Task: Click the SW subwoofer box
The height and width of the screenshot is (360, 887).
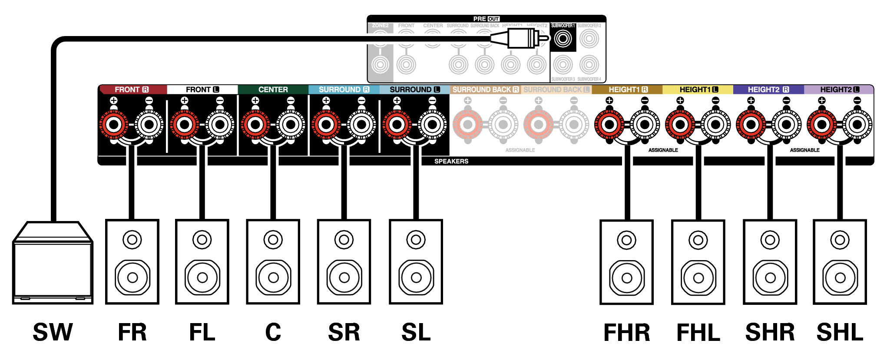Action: (53, 265)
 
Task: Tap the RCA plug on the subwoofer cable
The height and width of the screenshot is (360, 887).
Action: (521, 39)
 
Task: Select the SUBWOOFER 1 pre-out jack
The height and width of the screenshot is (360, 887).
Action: (563, 39)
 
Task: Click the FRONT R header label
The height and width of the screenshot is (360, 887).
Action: (132, 89)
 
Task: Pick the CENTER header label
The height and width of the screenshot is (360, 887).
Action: (273, 89)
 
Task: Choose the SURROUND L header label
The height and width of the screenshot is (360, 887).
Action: (414, 89)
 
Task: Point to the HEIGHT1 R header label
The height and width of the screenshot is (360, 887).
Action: (628, 89)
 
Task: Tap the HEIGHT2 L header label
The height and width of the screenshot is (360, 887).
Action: (839, 89)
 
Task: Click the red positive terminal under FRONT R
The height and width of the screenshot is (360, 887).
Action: (114, 125)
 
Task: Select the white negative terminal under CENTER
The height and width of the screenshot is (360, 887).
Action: (291, 125)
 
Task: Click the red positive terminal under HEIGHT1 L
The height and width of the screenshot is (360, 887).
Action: (680, 125)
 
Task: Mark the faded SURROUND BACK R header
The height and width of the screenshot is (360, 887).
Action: (485, 89)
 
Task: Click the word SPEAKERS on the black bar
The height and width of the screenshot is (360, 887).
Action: (451, 161)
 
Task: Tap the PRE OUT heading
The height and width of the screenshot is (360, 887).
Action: (486, 19)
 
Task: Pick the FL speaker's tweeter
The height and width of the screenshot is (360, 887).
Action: (202, 239)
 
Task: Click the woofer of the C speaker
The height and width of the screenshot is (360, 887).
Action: (273, 277)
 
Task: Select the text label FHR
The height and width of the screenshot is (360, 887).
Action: (626, 333)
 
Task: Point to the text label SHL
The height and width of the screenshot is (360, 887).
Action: (840, 333)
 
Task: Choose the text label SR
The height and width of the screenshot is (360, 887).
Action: (344, 333)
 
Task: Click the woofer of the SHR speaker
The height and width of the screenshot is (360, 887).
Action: (770, 277)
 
